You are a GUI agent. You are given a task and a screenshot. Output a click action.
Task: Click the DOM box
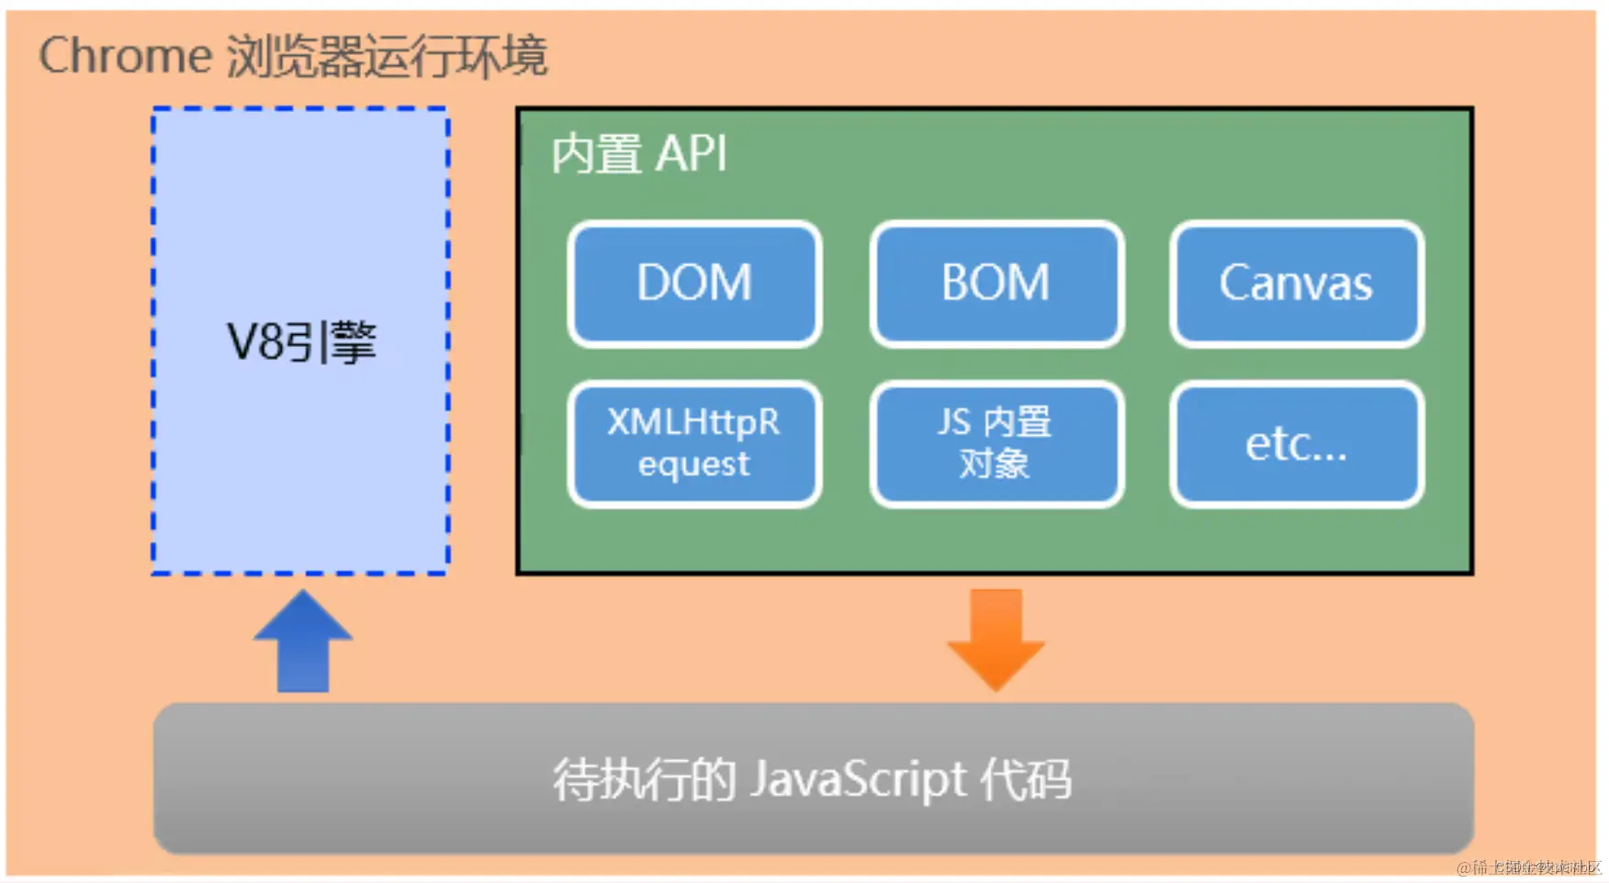[694, 284]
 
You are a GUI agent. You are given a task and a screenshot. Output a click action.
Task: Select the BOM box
[996, 284]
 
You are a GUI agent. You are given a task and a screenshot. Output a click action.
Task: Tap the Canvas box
[1296, 284]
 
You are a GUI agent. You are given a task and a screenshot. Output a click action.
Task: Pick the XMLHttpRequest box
[694, 444]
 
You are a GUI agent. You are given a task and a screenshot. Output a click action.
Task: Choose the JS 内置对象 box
[996, 444]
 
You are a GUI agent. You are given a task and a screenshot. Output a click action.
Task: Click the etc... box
[1296, 444]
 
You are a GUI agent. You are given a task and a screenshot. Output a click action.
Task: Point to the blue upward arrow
[303, 643]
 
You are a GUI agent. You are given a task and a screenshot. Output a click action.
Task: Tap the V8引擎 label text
[301, 342]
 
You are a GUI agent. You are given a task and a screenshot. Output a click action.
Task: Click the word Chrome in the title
[126, 56]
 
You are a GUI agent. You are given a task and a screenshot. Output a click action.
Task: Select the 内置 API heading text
[638, 154]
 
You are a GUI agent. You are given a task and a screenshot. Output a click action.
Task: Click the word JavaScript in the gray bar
[858, 780]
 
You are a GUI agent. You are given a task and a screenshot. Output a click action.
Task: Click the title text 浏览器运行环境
[387, 56]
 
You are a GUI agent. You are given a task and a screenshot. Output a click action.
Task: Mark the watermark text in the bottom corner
[1528, 867]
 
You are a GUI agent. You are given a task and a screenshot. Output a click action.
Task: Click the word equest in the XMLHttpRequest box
[694, 464]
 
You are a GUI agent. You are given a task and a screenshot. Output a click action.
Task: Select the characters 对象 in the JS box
[995, 464]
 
